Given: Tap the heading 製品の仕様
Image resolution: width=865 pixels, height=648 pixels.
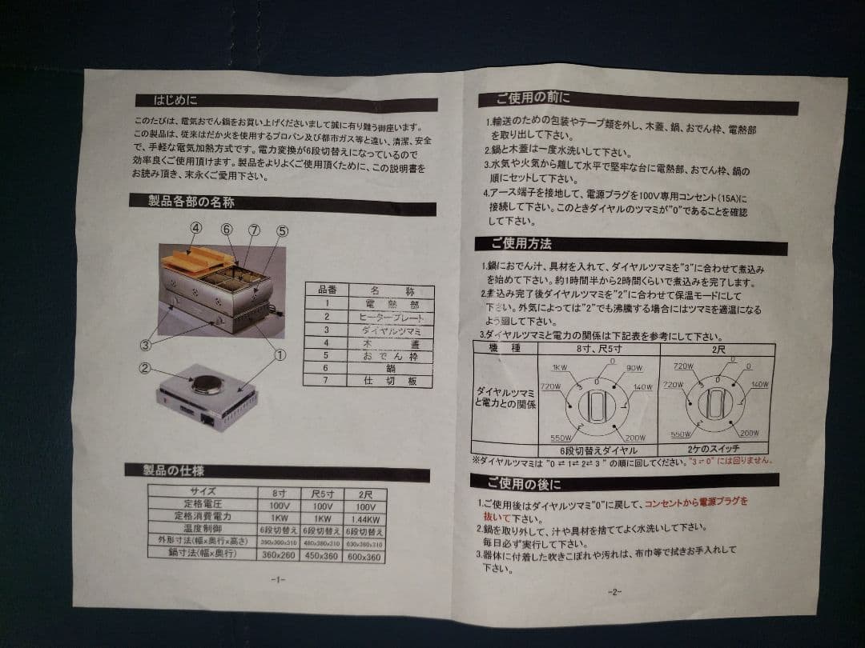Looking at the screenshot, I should coord(186,470).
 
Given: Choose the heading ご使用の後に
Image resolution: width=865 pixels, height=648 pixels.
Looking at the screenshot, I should coord(525,483).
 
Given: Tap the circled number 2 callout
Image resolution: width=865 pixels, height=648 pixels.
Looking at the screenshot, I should coord(145,369).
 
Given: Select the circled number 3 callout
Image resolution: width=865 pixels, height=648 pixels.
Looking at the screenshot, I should coord(146,346).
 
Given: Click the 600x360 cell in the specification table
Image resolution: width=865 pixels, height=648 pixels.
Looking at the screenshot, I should coord(364,557).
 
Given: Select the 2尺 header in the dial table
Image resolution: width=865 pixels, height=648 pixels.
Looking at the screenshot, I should coord(716,349).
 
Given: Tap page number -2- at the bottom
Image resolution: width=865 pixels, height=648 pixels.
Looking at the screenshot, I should coord(614,591).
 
